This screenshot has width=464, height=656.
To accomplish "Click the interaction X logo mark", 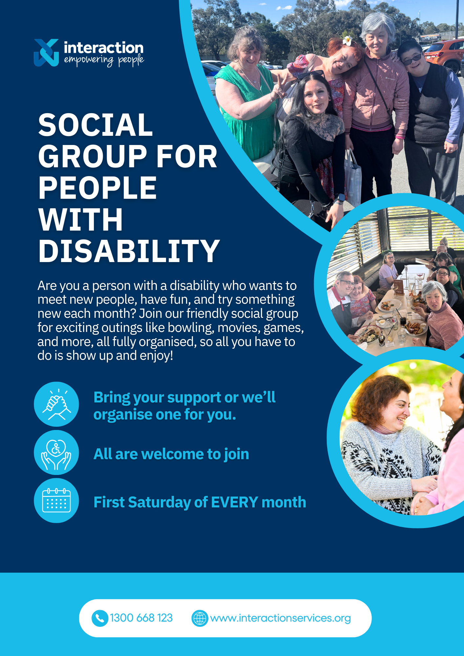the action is click(46, 52).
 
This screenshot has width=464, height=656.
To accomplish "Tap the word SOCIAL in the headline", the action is click(95, 125).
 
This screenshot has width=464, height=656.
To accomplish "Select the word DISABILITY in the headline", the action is click(129, 251).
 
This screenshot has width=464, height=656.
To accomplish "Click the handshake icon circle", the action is click(56, 404).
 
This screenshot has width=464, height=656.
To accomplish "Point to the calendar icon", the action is click(56, 500).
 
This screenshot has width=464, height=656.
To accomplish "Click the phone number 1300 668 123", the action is click(141, 618).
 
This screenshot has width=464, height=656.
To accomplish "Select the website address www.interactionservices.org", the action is click(281, 618).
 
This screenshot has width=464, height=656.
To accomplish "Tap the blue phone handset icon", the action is click(100, 618).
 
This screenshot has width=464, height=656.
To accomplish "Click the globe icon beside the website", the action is click(200, 618).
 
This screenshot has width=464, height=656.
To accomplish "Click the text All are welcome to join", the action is click(171, 454).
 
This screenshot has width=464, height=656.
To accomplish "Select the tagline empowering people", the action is click(104, 60).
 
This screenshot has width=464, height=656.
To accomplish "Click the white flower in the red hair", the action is click(347, 41).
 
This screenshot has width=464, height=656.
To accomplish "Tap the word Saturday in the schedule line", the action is click(159, 502).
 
